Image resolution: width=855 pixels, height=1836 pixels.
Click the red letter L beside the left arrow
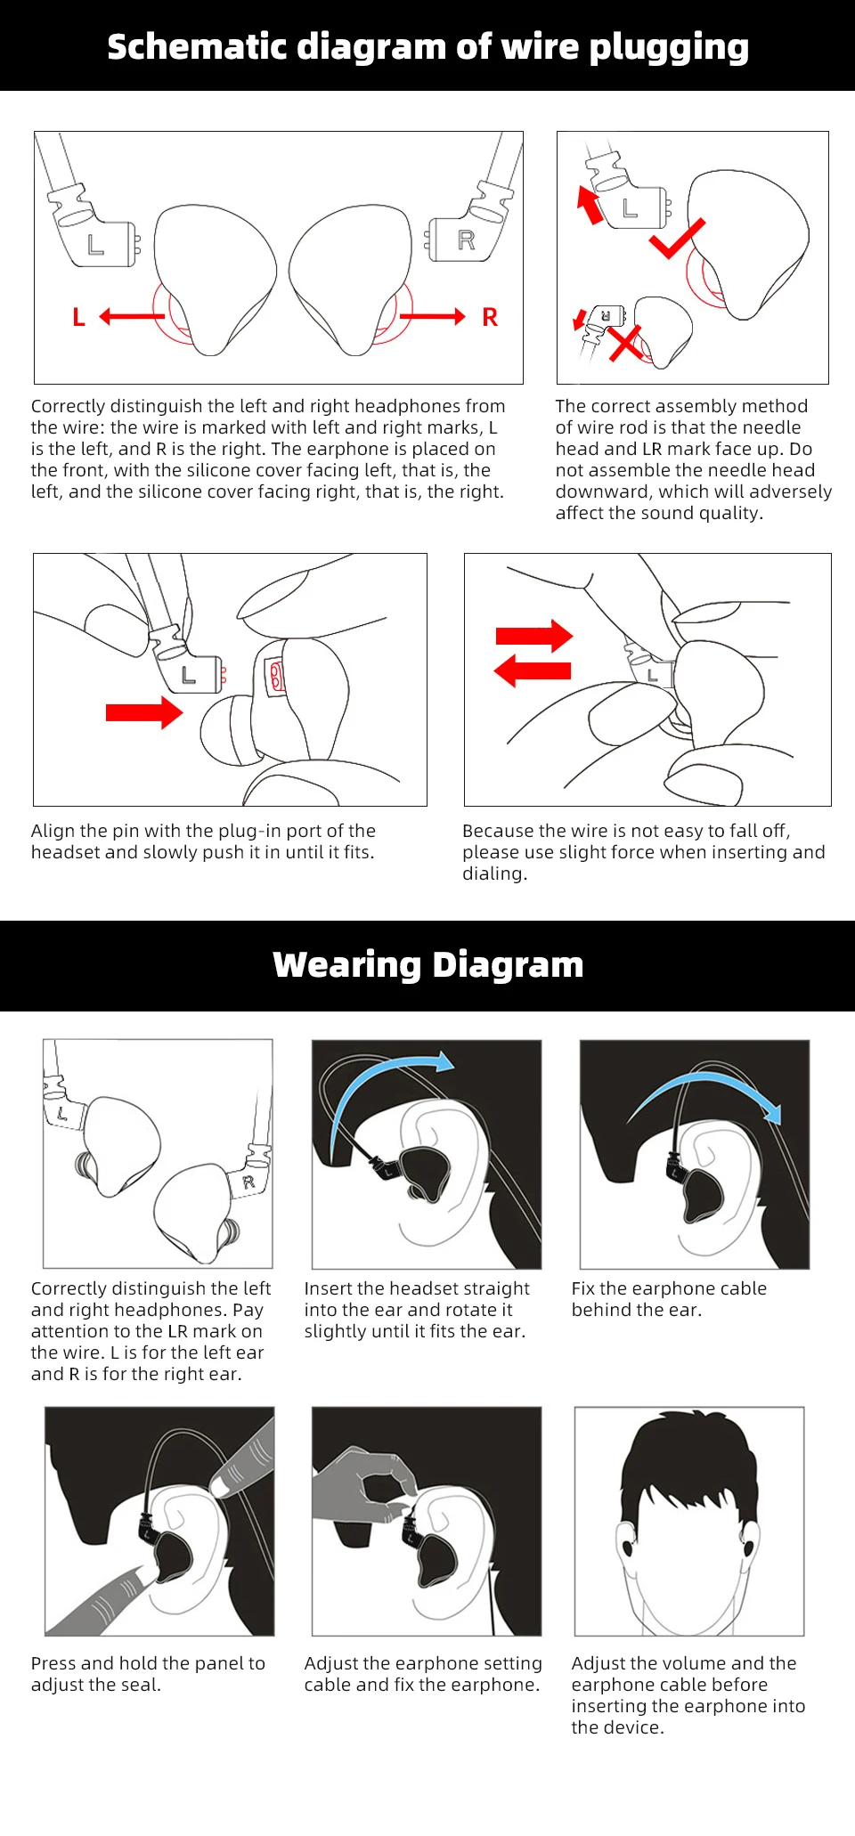[78, 317]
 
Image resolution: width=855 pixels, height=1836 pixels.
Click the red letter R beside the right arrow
[490, 317]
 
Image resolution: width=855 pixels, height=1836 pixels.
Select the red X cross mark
[626, 344]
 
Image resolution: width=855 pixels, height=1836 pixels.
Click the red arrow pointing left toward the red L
[133, 316]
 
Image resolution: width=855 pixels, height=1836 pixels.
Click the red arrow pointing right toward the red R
[433, 316]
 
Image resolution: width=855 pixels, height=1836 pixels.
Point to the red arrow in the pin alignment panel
[144, 712]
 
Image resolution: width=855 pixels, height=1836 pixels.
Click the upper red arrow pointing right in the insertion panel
[534, 636]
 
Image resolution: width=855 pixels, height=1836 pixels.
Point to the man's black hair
[688, 1460]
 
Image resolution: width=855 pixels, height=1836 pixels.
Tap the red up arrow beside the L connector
[590, 205]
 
